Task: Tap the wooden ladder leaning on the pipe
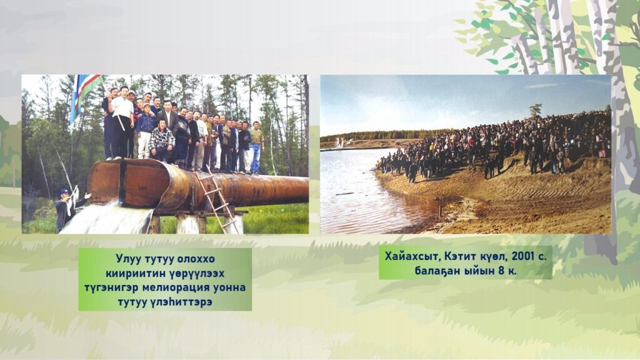coord(217,199)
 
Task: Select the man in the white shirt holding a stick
coord(122,122)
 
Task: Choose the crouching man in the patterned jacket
coord(162,141)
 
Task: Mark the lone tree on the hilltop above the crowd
coord(536,110)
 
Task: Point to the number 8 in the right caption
coord(501,271)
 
